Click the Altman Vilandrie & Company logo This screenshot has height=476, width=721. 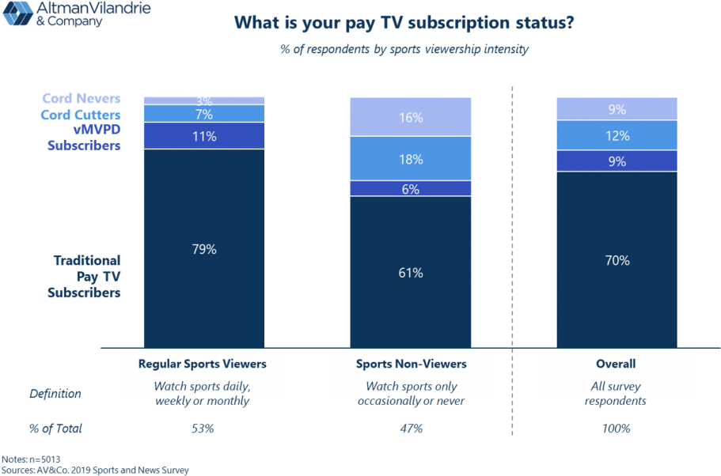click(x=76, y=13)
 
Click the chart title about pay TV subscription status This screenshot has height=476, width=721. click(x=404, y=23)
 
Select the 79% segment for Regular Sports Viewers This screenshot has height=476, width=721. click(x=204, y=248)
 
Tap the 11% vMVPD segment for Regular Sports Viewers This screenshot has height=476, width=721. click(x=204, y=136)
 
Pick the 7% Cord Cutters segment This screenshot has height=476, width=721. click(x=204, y=115)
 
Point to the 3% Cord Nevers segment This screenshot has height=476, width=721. click(x=204, y=100)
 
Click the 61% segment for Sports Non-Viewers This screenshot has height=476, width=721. click(x=411, y=272)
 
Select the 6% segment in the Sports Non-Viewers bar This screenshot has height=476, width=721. click(x=411, y=189)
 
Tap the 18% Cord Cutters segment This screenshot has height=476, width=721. click(x=411, y=159)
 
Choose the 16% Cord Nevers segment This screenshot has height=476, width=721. click(x=411, y=117)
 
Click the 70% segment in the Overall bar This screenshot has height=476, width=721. click(x=617, y=260)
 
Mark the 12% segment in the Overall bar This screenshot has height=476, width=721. click(x=617, y=135)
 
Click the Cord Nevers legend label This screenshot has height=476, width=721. click(x=82, y=99)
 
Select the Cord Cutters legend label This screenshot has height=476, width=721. click(x=81, y=115)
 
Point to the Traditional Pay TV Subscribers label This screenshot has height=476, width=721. click(x=87, y=276)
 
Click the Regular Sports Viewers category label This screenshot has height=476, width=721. click(x=203, y=365)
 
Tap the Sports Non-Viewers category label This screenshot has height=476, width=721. click(x=411, y=365)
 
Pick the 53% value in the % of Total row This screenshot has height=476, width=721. click(x=203, y=429)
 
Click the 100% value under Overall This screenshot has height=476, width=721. click(x=616, y=429)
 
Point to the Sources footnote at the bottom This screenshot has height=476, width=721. click(x=95, y=470)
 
